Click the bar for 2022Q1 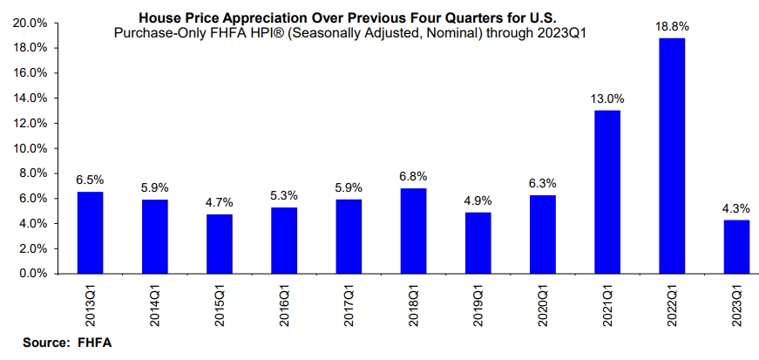click(672, 155)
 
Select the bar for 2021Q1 click(607, 192)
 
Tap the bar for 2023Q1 click(736, 247)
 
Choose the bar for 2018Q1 click(413, 231)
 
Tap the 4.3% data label click(736, 209)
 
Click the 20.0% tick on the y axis click(30, 23)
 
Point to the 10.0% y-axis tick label click(30, 148)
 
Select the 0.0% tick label click(33, 274)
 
